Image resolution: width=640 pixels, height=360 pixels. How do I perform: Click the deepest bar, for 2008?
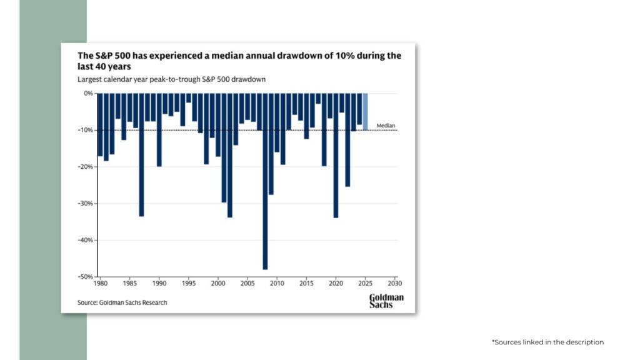[265, 181]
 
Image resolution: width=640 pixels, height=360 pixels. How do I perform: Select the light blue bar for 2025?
[365, 112]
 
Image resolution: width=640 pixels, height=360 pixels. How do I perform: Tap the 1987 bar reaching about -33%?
[142, 155]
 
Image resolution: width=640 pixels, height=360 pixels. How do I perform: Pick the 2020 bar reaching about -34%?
[336, 156]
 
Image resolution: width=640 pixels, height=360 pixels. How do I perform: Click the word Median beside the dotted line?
[386, 126]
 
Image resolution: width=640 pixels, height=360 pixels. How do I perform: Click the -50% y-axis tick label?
[86, 277]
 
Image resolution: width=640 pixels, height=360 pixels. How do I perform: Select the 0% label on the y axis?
[88, 94]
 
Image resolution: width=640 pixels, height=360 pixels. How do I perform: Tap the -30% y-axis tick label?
[86, 203]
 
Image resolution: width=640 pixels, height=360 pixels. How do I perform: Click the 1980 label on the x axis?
[101, 283]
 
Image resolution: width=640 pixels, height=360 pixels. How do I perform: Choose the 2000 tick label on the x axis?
[218, 283]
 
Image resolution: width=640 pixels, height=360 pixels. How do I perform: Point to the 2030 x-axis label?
[395, 283]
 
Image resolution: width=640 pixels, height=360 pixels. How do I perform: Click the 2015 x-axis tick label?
[306, 283]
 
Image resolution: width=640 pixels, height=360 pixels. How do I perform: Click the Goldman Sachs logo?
[386, 301]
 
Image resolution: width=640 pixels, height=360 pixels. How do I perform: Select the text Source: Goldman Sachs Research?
[122, 302]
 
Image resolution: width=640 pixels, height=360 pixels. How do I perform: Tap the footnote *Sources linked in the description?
[547, 342]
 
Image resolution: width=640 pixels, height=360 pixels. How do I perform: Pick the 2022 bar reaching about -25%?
[347, 140]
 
